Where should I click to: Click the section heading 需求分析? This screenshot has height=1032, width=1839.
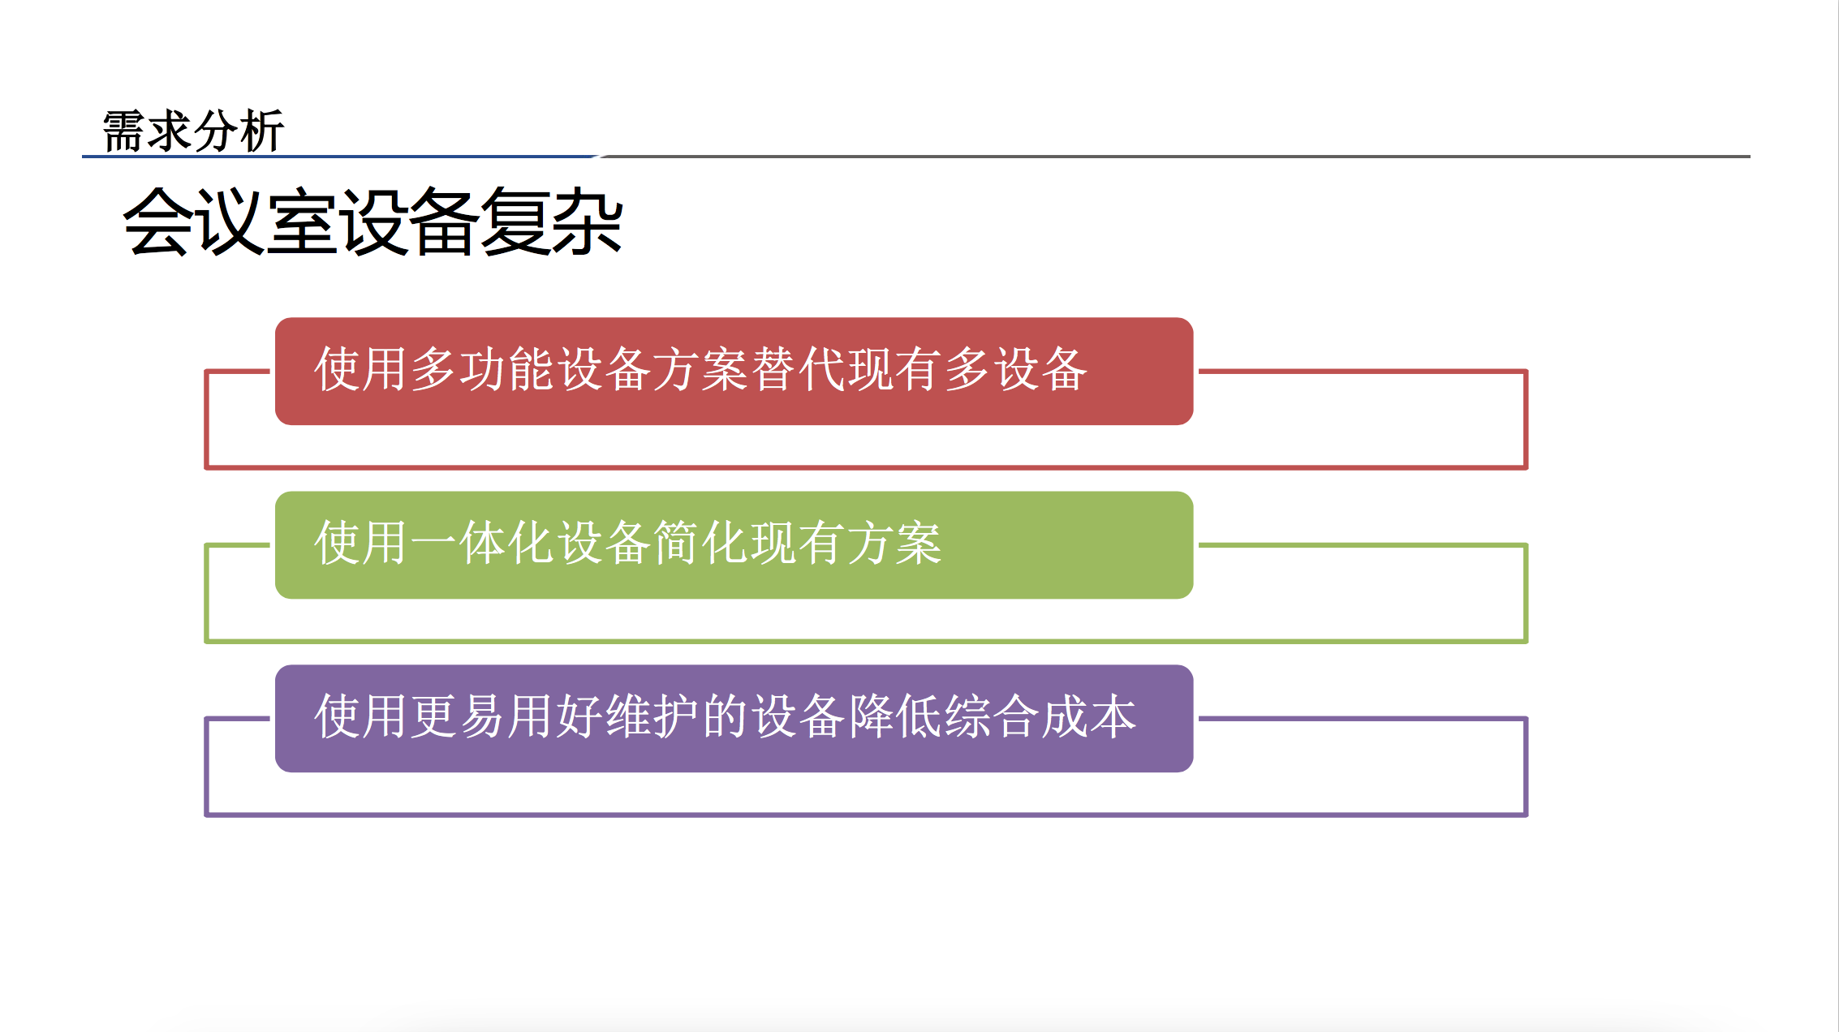coord(193,131)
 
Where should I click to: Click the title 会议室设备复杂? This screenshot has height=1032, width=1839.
coord(373,221)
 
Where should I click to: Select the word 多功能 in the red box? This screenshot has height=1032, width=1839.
coord(484,369)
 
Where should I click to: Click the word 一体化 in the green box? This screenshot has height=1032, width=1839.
coord(484,543)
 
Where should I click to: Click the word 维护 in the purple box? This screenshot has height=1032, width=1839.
coord(653,716)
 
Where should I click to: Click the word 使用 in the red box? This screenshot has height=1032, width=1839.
coord(362,369)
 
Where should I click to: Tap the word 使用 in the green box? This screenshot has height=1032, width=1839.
coord(362,543)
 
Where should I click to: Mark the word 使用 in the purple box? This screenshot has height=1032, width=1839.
coord(362,716)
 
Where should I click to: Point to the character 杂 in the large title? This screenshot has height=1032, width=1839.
coord(588,221)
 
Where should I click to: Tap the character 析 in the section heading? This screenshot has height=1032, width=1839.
coord(262,131)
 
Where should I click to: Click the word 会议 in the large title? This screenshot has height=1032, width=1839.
coord(194,221)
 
